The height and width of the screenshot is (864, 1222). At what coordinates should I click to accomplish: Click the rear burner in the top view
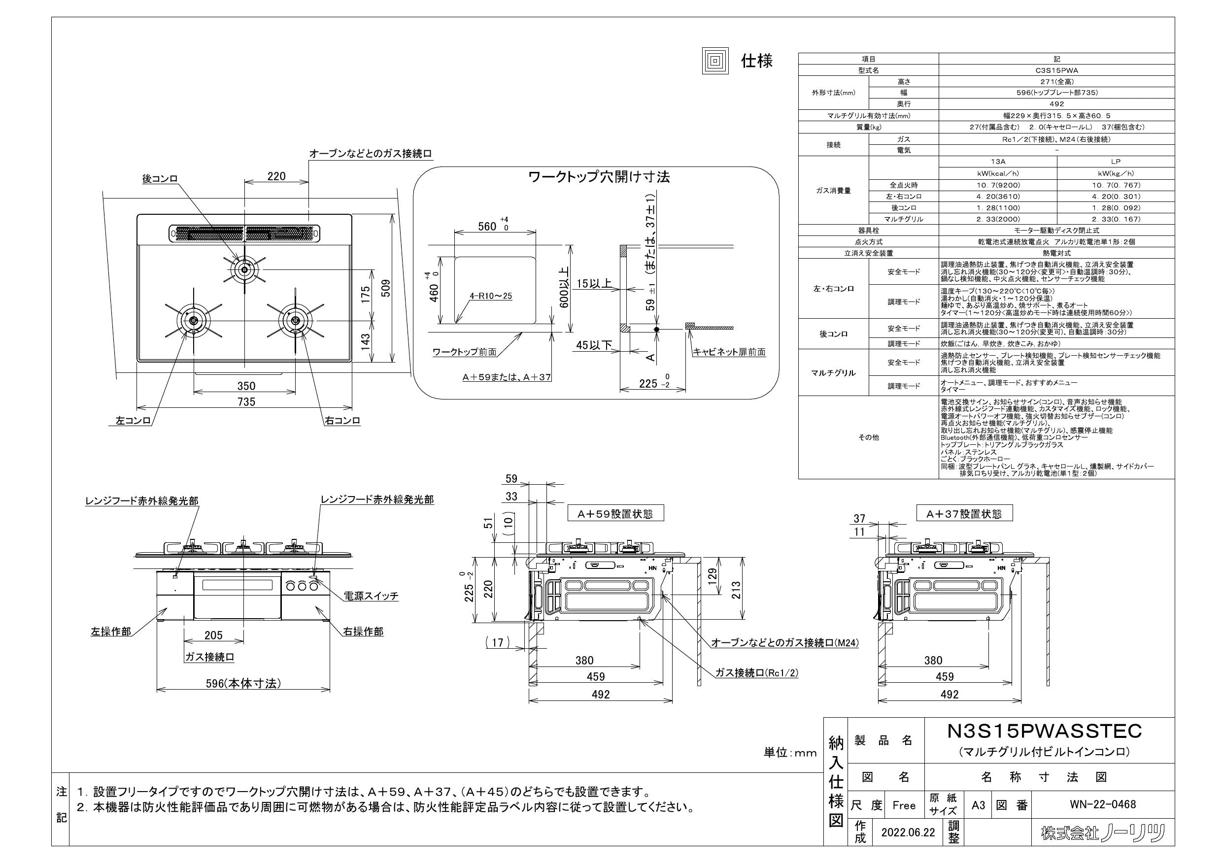(x=244, y=270)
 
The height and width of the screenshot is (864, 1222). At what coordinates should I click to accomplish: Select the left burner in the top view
(x=193, y=321)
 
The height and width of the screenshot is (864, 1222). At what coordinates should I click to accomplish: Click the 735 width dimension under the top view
(x=246, y=401)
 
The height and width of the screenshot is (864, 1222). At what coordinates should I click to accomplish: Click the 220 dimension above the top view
(x=276, y=176)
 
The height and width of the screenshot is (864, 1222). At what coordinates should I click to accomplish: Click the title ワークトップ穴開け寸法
(x=599, y=177)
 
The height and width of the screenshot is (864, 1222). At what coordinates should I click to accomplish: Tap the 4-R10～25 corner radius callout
(x=491, y=296)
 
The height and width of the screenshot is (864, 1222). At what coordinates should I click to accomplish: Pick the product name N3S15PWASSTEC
(x=1044, y=731)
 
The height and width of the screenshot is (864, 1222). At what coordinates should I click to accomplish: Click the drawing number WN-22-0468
(x=1102, y=804)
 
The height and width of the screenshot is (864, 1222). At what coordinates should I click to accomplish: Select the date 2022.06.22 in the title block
(x=908, y=832)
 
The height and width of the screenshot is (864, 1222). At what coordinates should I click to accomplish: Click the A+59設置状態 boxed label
(x=616, y=513)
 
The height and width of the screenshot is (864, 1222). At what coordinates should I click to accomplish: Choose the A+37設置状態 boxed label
(x=964, y=513)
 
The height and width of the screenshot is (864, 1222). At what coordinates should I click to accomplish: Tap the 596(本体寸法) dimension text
(x=243, y=683)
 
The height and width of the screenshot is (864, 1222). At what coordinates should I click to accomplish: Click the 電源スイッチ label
(x=371, y=596)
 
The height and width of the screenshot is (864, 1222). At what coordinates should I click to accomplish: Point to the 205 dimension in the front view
(x=213, y=635)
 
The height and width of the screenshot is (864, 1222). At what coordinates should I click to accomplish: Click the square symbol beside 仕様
(x=715, y=61)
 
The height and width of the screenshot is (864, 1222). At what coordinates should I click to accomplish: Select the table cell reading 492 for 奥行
(x=1056, y=104)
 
